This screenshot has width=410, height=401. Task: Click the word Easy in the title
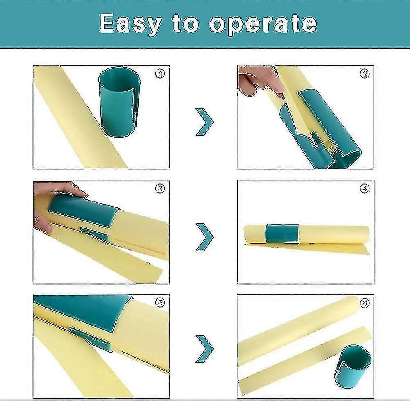[x=130, y=24]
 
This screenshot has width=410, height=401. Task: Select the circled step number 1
[x=160, y=74]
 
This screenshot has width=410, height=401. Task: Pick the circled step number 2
[x=364, y=74]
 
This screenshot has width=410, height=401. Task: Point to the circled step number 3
[x=160, y=189]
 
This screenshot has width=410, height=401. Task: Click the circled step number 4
[x=364, y=189]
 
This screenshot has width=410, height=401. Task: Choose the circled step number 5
[x=160, y=303]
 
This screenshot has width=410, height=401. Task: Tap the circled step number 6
[x=364, y=303]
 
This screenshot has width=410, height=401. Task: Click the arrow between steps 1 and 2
[x=204, y=122]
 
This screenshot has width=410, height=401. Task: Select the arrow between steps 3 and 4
[x=204, y=237]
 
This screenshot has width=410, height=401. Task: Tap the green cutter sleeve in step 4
[x=282, y=233]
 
